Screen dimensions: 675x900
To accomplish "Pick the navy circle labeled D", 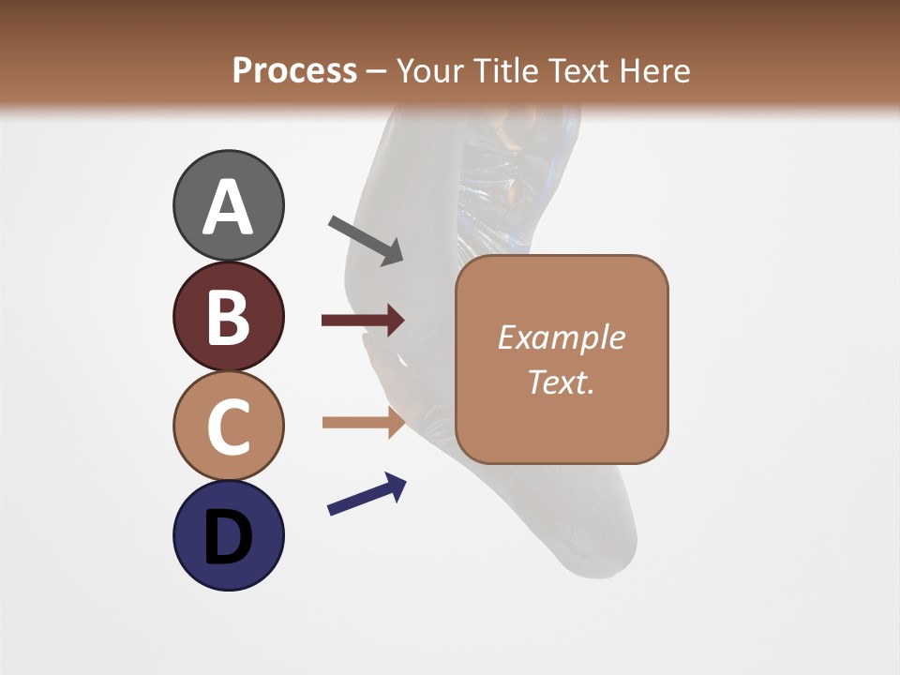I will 228,535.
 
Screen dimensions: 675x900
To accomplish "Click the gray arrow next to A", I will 366,240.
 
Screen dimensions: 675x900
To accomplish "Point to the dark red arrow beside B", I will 363,321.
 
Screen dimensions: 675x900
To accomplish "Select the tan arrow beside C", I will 363,422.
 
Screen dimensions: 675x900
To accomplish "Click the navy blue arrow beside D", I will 367,494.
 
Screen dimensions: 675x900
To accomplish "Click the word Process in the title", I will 294,71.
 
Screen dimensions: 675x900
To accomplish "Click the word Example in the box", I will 561,337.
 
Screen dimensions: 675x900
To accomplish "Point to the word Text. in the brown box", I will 561,382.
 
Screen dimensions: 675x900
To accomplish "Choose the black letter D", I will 228,537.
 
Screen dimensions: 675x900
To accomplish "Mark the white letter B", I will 228,318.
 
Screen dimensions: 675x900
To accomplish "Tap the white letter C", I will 228,427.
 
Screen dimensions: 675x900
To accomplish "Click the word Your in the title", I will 430,71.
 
